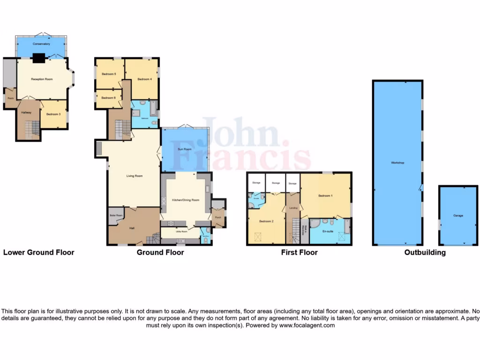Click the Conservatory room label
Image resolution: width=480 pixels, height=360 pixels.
pos(41,44)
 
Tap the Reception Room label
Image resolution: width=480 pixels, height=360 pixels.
pos(41,79)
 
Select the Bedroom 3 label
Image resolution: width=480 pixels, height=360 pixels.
pos(53,114)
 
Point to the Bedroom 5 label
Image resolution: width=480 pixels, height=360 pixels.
pos(109,74)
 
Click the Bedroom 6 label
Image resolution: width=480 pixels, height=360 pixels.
pos(108,97)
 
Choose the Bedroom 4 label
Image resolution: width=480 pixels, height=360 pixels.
pos(144,79)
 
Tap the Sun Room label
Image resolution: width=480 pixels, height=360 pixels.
pos(184,149)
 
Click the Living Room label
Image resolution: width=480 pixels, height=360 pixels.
pos(134,176)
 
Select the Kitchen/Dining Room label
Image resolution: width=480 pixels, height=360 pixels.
pos(186,200)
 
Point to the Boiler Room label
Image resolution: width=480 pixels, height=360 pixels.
pos(116,215)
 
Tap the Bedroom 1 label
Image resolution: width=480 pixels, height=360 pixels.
pos(325,195)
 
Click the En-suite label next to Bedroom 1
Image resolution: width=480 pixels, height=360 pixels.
pos(328,232)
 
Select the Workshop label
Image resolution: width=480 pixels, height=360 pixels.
pos(397,163)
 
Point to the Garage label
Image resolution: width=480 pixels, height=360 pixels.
pos(458,216)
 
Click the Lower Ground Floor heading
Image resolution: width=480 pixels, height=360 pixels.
pos(39,252)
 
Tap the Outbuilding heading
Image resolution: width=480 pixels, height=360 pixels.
pos(425,252)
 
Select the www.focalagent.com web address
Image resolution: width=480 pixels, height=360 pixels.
pos(307,325)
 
